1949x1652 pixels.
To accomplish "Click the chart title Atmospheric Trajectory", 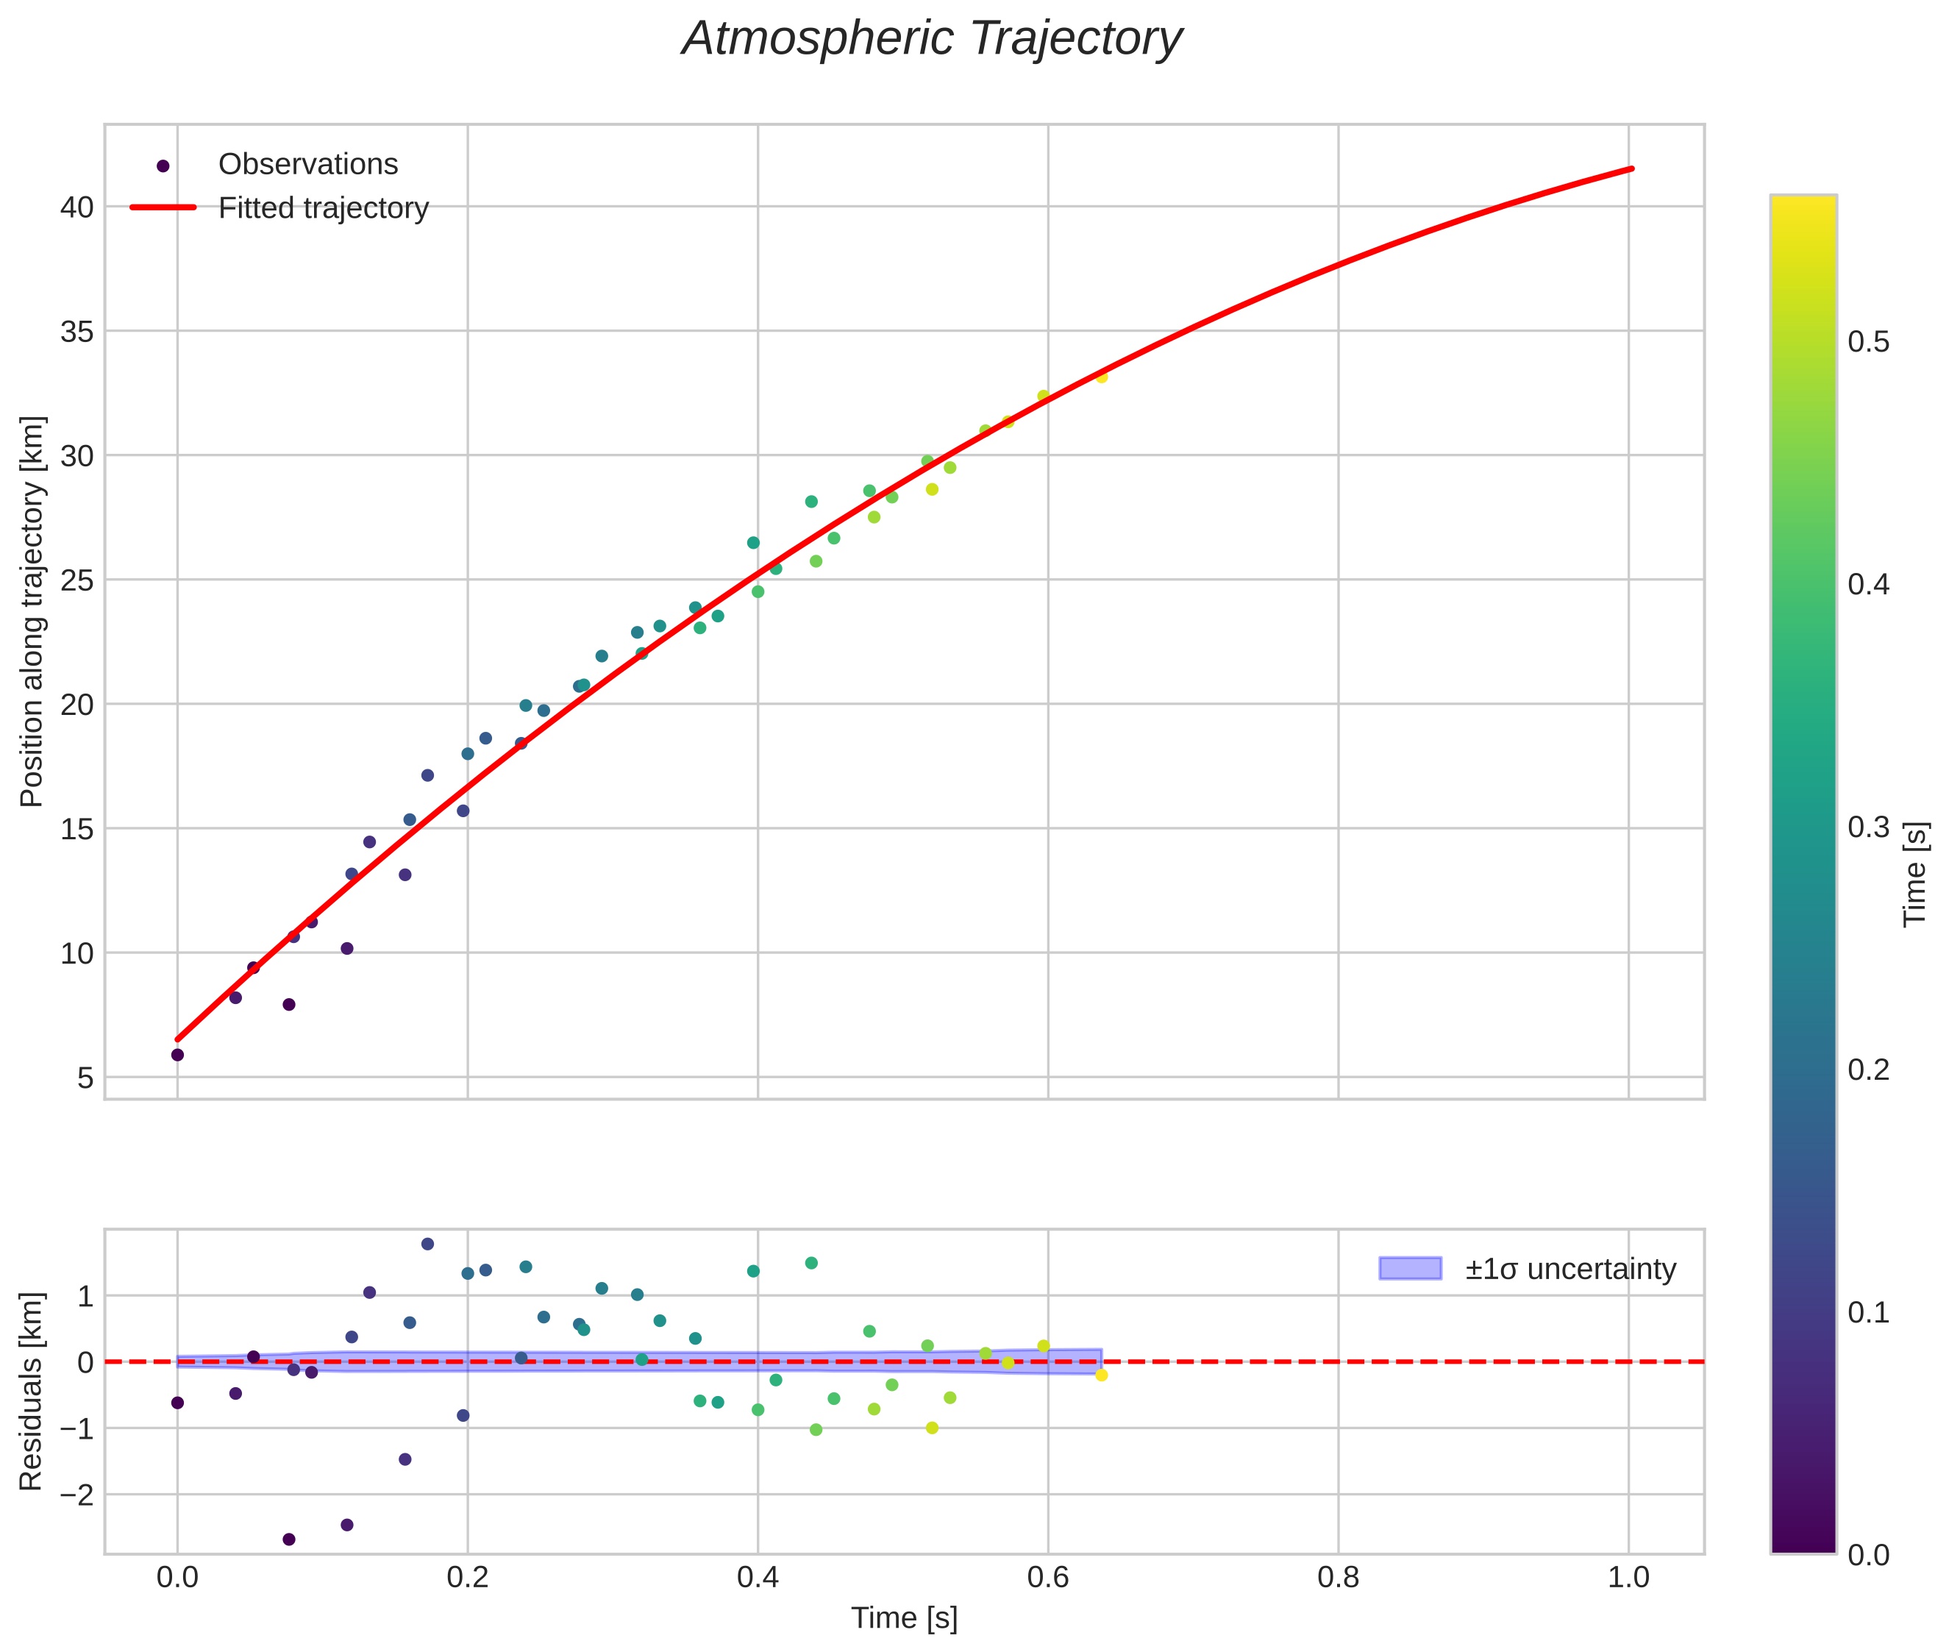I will click(x=932, y=39).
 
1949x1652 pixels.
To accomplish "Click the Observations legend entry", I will click(x=307, y=165).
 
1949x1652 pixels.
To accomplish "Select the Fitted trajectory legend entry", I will click(x=323, y=208).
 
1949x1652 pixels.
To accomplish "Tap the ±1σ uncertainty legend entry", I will click(x=1569, y=1269).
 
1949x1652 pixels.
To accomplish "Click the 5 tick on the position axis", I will click(x=85, y=1078).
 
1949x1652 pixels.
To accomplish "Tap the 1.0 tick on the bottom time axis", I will click(x=1628, y=1577).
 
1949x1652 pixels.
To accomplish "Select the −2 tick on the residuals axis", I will click(x=75, y=1495).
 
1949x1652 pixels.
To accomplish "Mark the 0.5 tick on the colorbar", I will click(x=1867, y=343).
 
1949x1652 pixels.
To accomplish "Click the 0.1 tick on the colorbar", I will click(x=1867, y=1313).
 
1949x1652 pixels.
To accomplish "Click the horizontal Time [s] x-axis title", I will click(x=904, y=1618).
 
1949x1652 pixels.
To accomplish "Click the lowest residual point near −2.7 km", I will click(x=288, y=1539).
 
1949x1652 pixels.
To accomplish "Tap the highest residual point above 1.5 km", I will click(x=427, y=1244).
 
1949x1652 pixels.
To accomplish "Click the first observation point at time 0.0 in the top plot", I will click(x=177, y=1055).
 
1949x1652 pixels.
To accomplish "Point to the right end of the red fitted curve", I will click(x=1631, y=168).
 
